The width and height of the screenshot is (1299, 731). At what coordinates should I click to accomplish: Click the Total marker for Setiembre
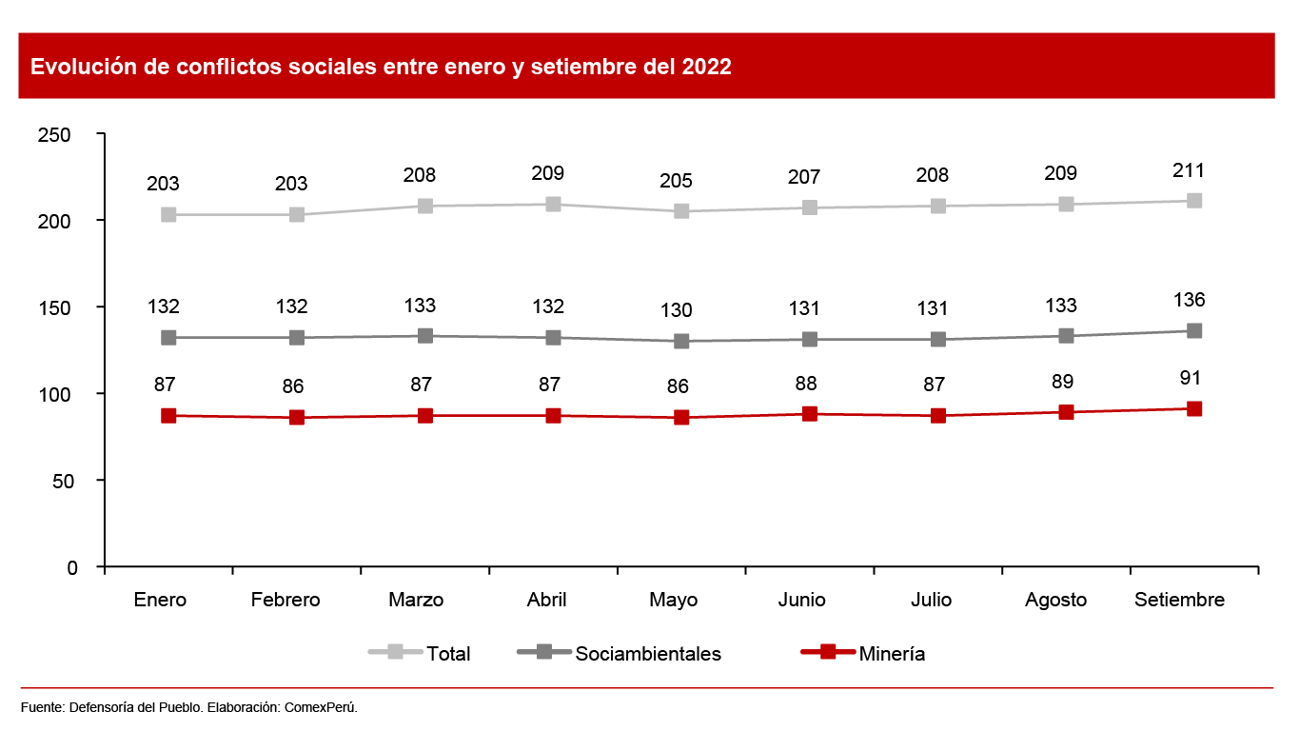click(x=1194, y=201)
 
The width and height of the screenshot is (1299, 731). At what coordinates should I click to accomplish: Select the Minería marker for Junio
click(x=810, y=414)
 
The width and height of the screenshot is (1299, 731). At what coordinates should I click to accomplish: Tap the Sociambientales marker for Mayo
click(x=681, y=341)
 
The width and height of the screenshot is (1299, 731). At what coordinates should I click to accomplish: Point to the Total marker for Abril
click(x=553, y=205)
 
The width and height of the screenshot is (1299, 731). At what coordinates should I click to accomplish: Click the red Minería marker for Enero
click(x=168, y=416)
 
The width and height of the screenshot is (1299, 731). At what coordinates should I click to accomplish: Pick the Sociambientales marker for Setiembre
click(x=1194, y=330)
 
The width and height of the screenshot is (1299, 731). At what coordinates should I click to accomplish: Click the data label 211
click(x=1190, y=171)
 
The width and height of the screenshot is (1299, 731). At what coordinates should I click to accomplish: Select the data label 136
click(x=1190, y=301)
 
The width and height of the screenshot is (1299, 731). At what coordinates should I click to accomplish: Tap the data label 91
click(x=1190, y=379)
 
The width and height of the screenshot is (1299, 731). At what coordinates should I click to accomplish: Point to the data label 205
click(x=677, y=182)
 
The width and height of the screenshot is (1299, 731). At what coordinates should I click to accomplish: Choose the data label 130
click(x=677, y=311)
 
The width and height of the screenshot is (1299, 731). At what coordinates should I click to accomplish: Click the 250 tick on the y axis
click(x=54, y=135)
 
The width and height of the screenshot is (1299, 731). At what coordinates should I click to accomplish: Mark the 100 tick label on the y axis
click(x=54, y=394)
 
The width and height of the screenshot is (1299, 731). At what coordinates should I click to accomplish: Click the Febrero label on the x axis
click(x=285, y=601)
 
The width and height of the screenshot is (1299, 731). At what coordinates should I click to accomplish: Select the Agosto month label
click(x=1055, y=601)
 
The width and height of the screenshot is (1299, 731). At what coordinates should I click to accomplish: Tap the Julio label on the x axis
click(x=930, y=601)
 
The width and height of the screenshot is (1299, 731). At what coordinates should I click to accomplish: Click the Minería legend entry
click(x=892, y=654)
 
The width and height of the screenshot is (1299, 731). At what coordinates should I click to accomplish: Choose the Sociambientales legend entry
click(x=648, y=654)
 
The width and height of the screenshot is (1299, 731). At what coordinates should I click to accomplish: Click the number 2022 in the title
click(x=706, y=68)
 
